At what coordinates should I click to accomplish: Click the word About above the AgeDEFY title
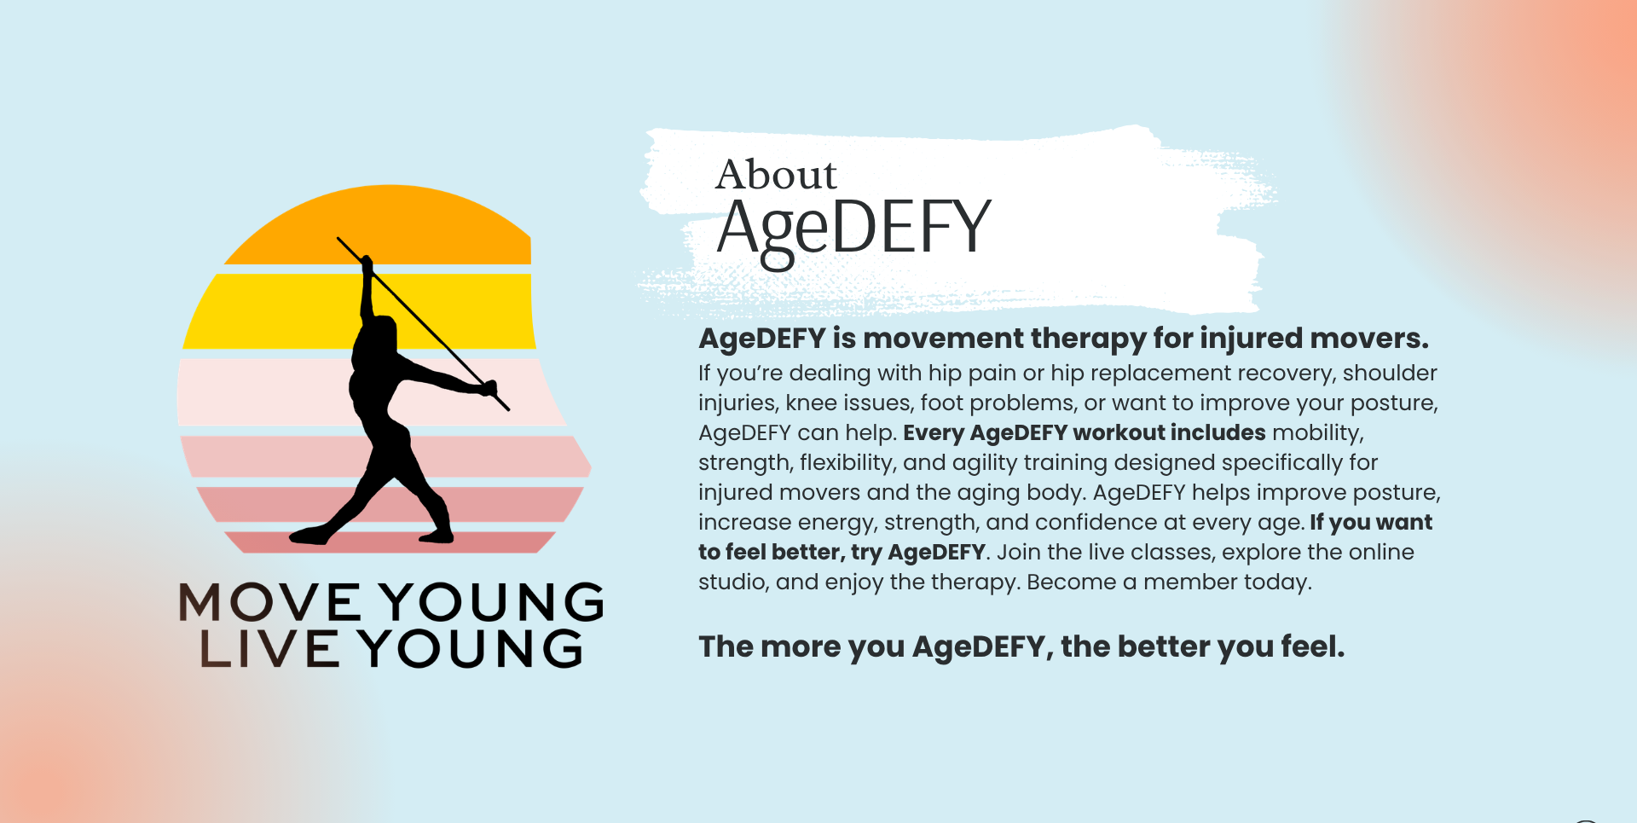pos(777,175)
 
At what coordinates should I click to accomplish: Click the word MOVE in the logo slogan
pos(270,602)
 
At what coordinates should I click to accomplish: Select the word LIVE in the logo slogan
pos(269,648)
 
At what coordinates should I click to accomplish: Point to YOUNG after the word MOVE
pos(492,602)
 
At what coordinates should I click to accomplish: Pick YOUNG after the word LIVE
pos(471,648)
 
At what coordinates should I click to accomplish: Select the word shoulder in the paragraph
pos(1390,374)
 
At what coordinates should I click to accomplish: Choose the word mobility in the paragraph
pos(1317,434)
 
